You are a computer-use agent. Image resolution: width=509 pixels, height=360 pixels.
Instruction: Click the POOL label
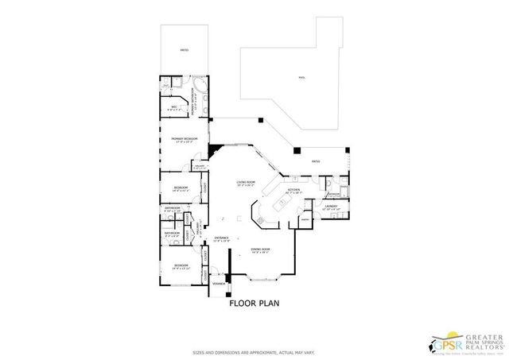(301, 78)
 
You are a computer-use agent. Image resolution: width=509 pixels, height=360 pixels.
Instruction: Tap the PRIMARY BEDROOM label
(184, 139)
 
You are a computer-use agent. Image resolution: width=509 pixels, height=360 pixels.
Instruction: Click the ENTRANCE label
(221, 238)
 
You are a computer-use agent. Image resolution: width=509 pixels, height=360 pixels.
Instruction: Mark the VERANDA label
(218, 284)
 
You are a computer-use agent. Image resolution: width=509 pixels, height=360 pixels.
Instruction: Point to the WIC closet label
(173, 107)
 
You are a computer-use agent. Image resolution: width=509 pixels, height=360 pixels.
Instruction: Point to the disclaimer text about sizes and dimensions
(253, 352)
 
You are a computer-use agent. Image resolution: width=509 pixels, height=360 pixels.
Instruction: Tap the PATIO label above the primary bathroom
(185, 50)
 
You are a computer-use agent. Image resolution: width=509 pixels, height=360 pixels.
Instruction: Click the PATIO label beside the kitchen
(315, 161)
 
